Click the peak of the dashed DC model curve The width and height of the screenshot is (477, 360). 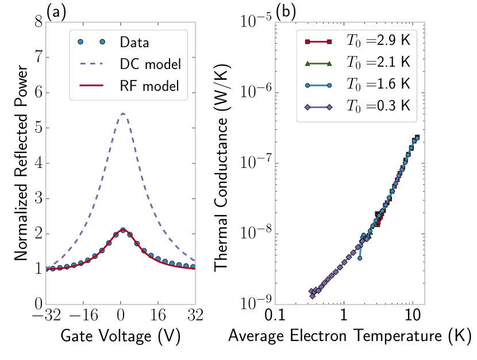click(123, 113)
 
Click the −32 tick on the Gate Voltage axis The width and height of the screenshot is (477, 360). click(46, 316)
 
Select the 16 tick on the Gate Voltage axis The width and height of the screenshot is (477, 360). click(158, 316)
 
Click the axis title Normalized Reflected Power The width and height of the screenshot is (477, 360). click(20, 163)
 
